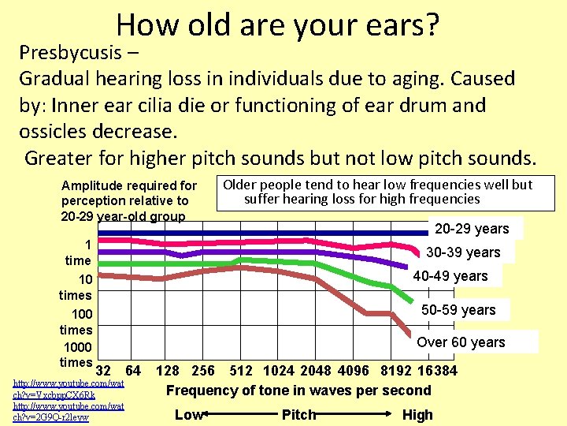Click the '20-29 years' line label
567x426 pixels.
472,229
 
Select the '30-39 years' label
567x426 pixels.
463,252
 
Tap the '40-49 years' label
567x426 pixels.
450,276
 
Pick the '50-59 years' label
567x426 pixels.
458,310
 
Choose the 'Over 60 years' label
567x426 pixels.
461,342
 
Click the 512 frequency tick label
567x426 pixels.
240,371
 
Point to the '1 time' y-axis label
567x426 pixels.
79,252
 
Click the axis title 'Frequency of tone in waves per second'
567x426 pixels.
298,390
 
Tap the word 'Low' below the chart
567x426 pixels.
188,415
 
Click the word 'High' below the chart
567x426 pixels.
417,415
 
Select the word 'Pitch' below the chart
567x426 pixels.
298,415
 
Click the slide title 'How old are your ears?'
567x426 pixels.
276,25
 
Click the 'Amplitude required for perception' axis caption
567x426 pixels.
129,200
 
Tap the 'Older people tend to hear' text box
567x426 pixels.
378,192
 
